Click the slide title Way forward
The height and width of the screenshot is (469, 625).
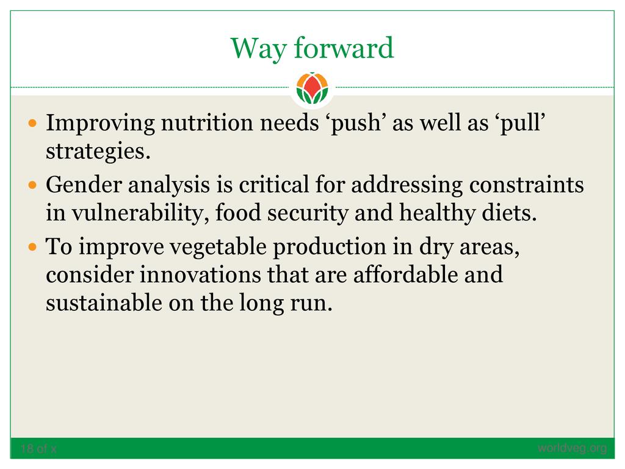pyautogui.click(x=312, y=48)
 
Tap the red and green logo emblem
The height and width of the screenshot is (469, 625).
pyautogui.click(x=312, y=88)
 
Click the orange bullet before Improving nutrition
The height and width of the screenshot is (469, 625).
pyautogui.click(x=33, y=123)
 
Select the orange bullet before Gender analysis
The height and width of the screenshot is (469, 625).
pyautogui.click(x=33, y=185)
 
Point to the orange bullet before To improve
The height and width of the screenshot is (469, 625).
pyautogui.click(x=33, y=247)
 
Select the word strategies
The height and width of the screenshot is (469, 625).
pyautogui.click(x=98, y=152)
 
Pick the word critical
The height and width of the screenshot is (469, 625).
pyautogui.click(x=274, y=184)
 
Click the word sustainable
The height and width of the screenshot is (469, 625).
pyautogui.click(x=104, y=303)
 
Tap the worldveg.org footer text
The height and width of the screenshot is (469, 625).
pyautogui.click(x=572, y=448)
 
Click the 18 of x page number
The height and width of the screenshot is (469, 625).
pyautogui.click(x=38, y=449)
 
